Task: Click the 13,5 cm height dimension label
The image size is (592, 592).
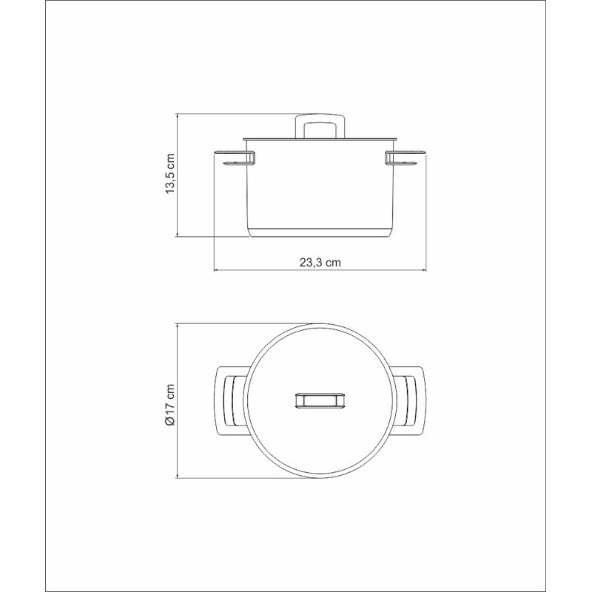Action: click(171, 174)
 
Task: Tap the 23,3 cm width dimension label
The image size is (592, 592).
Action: click(320, 263)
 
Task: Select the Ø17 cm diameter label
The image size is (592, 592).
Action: click(170, 405)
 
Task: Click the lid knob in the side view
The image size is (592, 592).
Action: click(320, 126)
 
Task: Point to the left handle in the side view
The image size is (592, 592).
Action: click(234, 158)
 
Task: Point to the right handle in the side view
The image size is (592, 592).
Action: click(406, 158)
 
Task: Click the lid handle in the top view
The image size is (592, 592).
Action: click(320, 401)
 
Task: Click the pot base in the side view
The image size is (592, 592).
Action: click(320, 232)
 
